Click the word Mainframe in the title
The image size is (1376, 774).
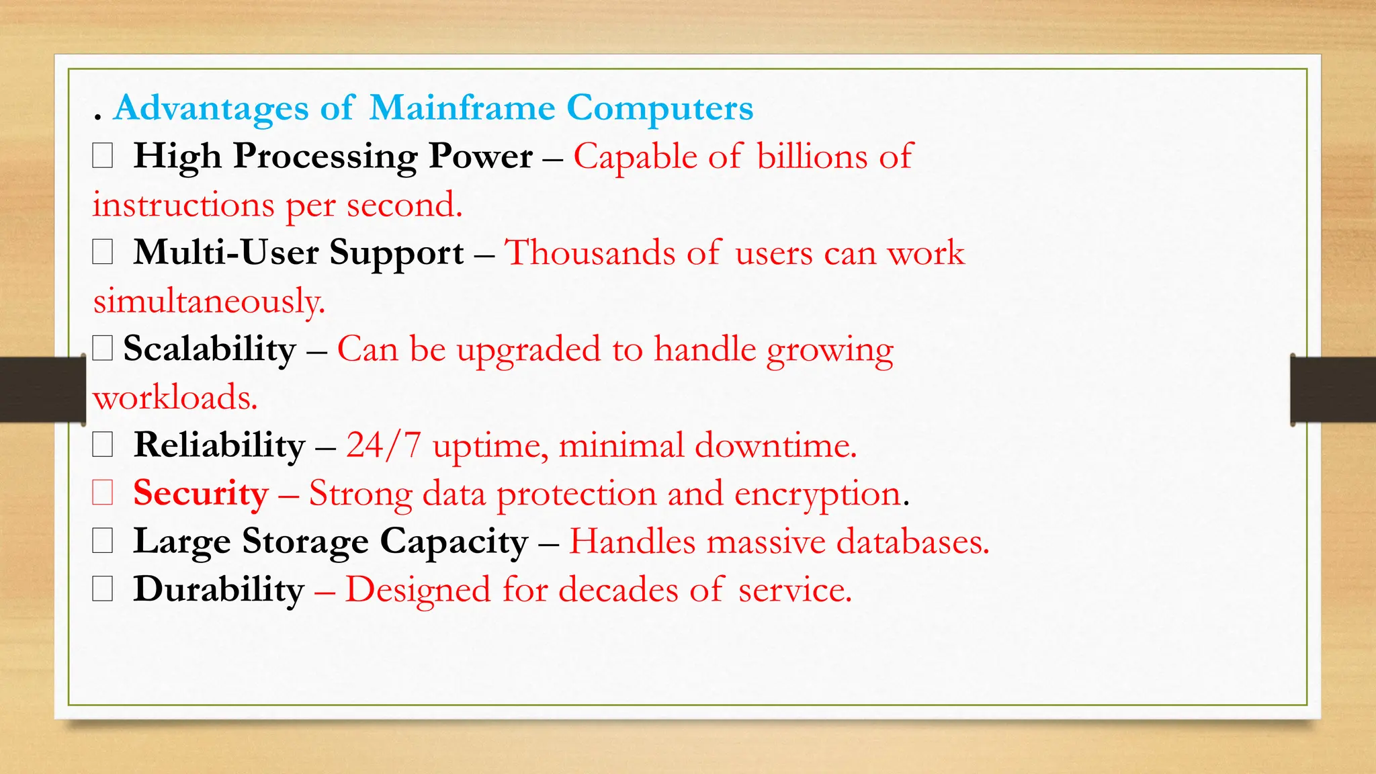[x=462, y=107]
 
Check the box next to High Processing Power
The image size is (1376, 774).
[x=102, y=157]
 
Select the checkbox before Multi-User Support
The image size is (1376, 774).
[x=102, y=253]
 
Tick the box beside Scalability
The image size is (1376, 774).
[x=102, y=349]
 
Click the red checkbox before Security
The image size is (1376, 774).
[x=102, y=493]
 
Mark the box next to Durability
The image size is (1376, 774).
[x=102, y=589]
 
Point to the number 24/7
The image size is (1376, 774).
[x=384, y=445]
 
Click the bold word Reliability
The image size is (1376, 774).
[x=219, y=445]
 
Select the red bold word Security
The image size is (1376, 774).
[x=200, y=493]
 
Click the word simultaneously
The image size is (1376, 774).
[x=209, y=301]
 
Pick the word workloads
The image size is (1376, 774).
[x=175, y=397]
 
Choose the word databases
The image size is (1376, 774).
[x=912, y=542]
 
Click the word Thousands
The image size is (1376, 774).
[x=589, y=253]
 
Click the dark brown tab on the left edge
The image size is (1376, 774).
[x=42, y=390]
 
